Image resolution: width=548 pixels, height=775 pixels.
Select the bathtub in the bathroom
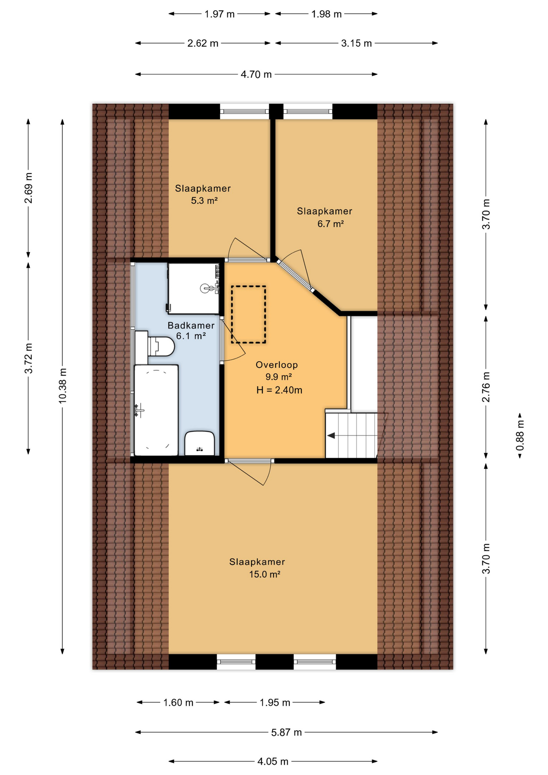click(156, 410)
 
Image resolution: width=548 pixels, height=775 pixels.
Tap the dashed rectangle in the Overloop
click(249, 314)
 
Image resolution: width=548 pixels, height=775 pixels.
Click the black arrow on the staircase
click(331, 436)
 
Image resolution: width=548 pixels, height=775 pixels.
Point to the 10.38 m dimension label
click(63, 385)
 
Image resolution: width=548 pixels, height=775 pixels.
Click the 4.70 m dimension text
click(256, 74)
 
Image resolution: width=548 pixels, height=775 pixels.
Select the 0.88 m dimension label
click(520, 436)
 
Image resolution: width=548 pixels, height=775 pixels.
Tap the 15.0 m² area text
click(265, 574)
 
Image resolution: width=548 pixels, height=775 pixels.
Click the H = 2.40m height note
click(279, 390)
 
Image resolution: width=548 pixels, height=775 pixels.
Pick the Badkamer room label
click(191, 325)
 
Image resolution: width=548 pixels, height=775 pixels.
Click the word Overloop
click(277, 365)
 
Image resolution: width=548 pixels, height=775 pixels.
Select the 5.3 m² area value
click(204, 201)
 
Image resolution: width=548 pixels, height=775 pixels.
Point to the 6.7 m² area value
click(330, 224)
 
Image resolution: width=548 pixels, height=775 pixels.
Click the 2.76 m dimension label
click(486, 387)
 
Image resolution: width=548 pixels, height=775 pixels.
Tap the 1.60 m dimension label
click(178, 702)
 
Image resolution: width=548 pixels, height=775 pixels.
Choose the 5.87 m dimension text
click(287, 732)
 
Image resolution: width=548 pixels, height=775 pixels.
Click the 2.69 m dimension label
click(29, 188)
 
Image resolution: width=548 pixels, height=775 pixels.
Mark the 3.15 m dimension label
click(356, 43)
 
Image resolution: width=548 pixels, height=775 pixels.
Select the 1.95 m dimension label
click(275, 702)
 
